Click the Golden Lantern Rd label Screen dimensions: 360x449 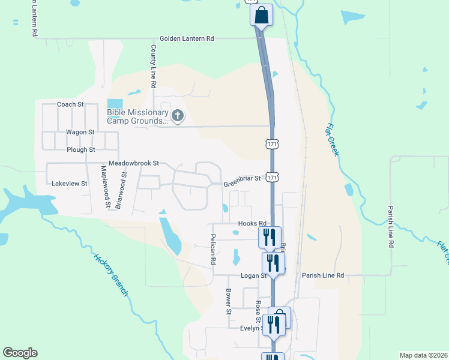187,38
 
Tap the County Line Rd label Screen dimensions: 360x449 154,67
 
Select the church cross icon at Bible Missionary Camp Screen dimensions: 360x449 177,115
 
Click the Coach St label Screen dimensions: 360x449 70,104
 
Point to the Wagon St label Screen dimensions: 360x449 80,132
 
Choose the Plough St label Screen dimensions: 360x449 81,149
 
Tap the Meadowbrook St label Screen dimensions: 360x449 133,163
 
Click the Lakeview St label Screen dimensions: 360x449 70,184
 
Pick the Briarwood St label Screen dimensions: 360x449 122,187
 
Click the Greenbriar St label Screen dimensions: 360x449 242,178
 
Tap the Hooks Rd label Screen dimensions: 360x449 252,223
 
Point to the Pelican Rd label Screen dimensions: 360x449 212,250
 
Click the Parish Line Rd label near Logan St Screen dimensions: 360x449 323,275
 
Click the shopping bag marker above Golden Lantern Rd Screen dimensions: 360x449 261,15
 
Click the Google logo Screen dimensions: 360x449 20,353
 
